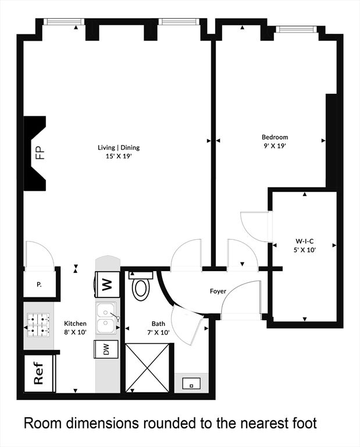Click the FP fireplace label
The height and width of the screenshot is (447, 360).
coord(40,153)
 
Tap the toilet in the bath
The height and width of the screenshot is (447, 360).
coord(141,286)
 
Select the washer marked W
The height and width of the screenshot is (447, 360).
coord(107,285)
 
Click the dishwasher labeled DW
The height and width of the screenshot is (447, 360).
coord(106,349)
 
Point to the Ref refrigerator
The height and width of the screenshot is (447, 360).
coord(39,373)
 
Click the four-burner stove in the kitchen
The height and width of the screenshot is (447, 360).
coord(38,325)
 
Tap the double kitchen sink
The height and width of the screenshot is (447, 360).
coord(106,318)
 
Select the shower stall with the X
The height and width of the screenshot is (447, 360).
coord(147,368)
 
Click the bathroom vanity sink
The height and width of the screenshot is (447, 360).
coord(191,384)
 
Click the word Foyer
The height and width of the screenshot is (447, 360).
coord(218,292)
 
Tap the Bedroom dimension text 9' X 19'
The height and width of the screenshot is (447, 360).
coord(275,146)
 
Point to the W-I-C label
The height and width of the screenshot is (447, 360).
coord(305,241)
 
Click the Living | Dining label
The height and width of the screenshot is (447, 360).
coord(119,148)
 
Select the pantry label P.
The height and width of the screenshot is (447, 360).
coord(39,284)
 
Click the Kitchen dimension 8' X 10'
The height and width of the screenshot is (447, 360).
coord(75,332)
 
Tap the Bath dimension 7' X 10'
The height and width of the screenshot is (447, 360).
coord(158,332)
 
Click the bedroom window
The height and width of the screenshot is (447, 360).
coord(296,29)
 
